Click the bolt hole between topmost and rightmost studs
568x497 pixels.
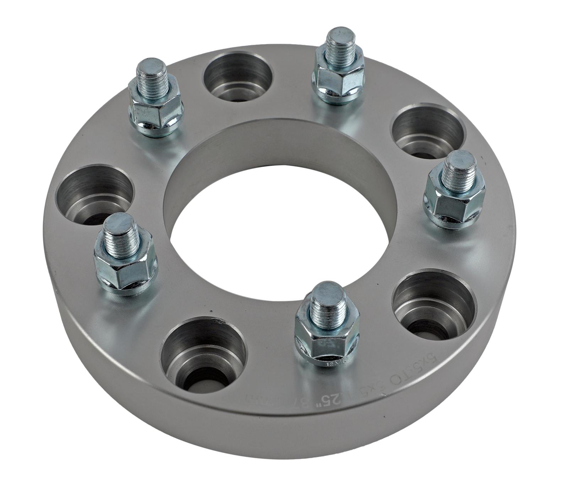point(428,131)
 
